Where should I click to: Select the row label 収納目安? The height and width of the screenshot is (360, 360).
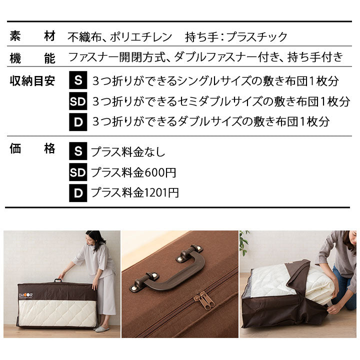[x=32, y=80]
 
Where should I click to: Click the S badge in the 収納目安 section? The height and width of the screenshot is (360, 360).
[x=77, y=80]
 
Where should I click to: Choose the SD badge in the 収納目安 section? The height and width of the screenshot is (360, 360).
[x=77, y=101]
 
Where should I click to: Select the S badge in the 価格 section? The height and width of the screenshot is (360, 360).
[x=77, y=151]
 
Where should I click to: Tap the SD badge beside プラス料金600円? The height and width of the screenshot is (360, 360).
[x=77, y=172]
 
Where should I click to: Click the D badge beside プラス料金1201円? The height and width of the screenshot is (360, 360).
[x=77, y=193]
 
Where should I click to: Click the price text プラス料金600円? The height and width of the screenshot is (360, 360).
[x=133, y=173]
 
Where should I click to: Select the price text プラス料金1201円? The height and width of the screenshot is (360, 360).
[x=134, y=193]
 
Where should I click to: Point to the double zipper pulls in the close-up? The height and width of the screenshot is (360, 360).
[x=207, y=299]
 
